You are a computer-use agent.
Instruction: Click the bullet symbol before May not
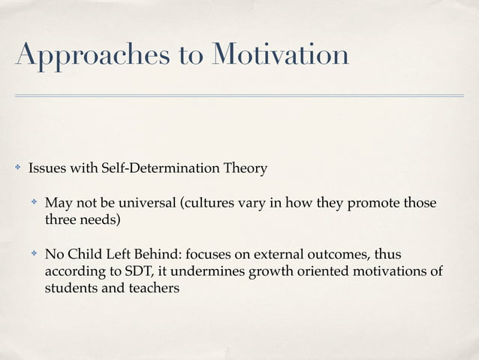pos(33,204)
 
